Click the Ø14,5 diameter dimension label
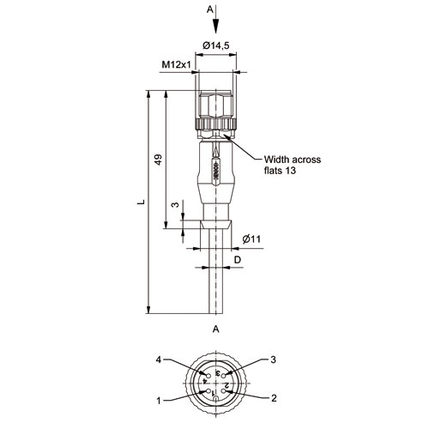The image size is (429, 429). pos(216,45)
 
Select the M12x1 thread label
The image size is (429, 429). pos(176,64)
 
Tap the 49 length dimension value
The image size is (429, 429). pos(158,160)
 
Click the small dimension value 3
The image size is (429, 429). pos(175,205)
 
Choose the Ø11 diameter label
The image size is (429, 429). pos(251,239)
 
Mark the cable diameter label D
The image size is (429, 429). pos(238,260)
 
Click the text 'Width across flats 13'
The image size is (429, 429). pos(293,165)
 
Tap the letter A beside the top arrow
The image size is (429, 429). pos(210,9)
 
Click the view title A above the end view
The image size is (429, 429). pos(216,329)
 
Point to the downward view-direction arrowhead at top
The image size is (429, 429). pos(216,26)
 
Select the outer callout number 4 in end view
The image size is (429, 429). pos(159,360)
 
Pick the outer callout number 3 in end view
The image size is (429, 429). pos(274,360)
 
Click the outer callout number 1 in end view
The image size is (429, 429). pos(159,401)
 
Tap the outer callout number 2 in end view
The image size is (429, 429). pos(274,398)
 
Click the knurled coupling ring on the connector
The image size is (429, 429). pos(216,124)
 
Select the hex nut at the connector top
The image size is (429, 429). pos(216,104)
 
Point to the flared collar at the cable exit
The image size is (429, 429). pos(216,224)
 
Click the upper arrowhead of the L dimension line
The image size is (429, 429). pos(148,94)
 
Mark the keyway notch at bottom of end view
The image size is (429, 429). pos(216,399)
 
